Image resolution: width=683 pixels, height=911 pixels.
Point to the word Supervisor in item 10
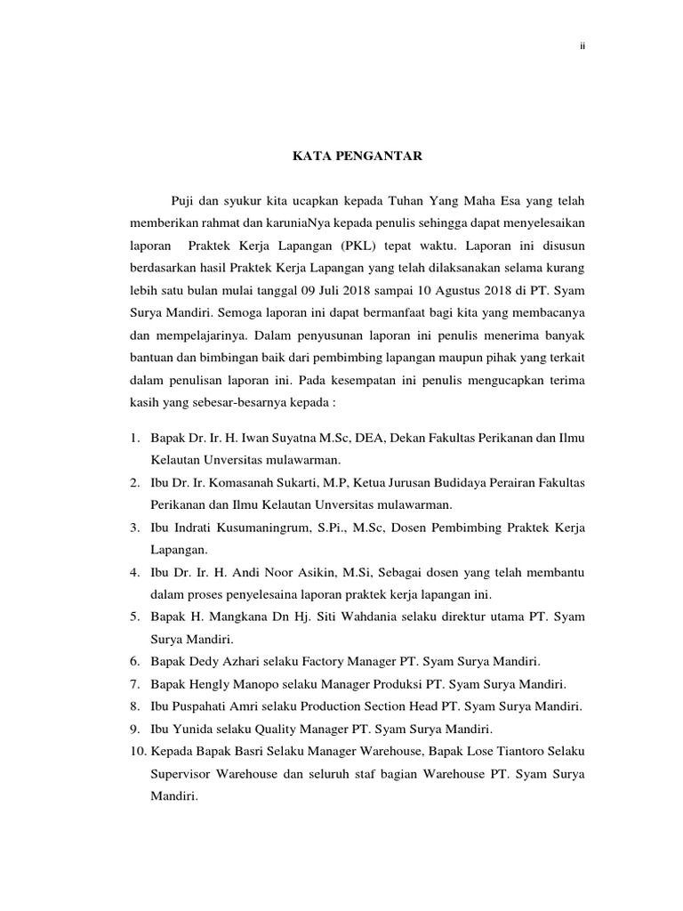178,774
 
